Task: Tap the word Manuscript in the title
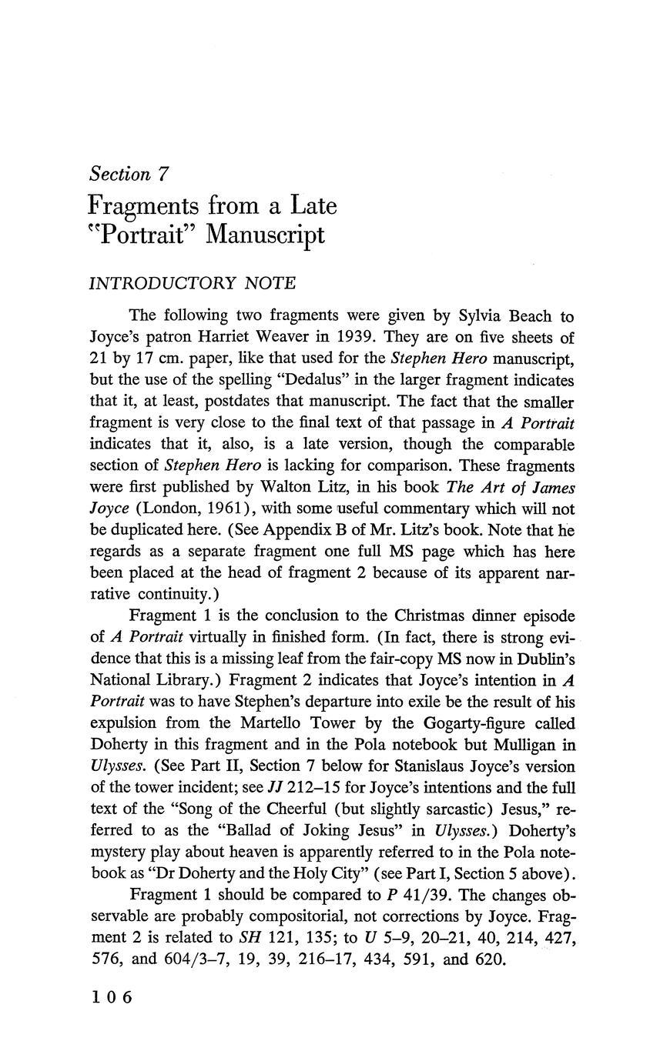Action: coord(268,234)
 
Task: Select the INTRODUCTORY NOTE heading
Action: coord(193,283)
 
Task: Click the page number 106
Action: coord(112,998)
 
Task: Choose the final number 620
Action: coord(491,960)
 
